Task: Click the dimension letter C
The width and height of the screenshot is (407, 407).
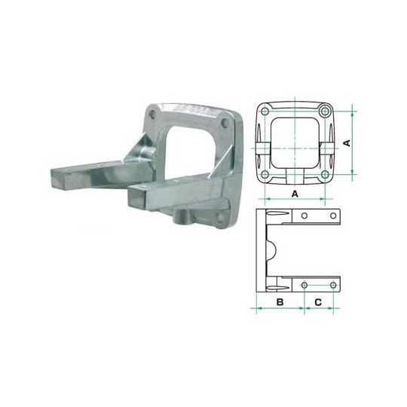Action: (x=318, y=302)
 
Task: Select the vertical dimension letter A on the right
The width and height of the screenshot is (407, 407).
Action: (x=347, y=142)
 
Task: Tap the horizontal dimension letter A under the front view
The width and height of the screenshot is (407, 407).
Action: (x=295, y=194)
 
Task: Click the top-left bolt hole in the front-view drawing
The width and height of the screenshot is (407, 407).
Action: (x=265, y=111)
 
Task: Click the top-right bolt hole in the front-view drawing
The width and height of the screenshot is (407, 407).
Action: (x=325, y=111)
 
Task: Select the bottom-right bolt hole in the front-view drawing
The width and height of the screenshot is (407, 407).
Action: (x=325, y=174)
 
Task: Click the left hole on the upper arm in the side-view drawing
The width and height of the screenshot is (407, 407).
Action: (x=304, y=216)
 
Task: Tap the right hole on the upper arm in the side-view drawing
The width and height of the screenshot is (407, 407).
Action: (x=333, y=216)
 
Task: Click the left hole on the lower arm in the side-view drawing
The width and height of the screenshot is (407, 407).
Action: (x=304, y=285)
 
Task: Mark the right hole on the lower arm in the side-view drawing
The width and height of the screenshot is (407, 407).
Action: (x=333, y=285)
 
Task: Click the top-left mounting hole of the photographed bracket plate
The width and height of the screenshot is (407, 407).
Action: (x=153, y=115)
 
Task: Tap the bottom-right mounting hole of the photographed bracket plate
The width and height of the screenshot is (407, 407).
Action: (x=219, y=219)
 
